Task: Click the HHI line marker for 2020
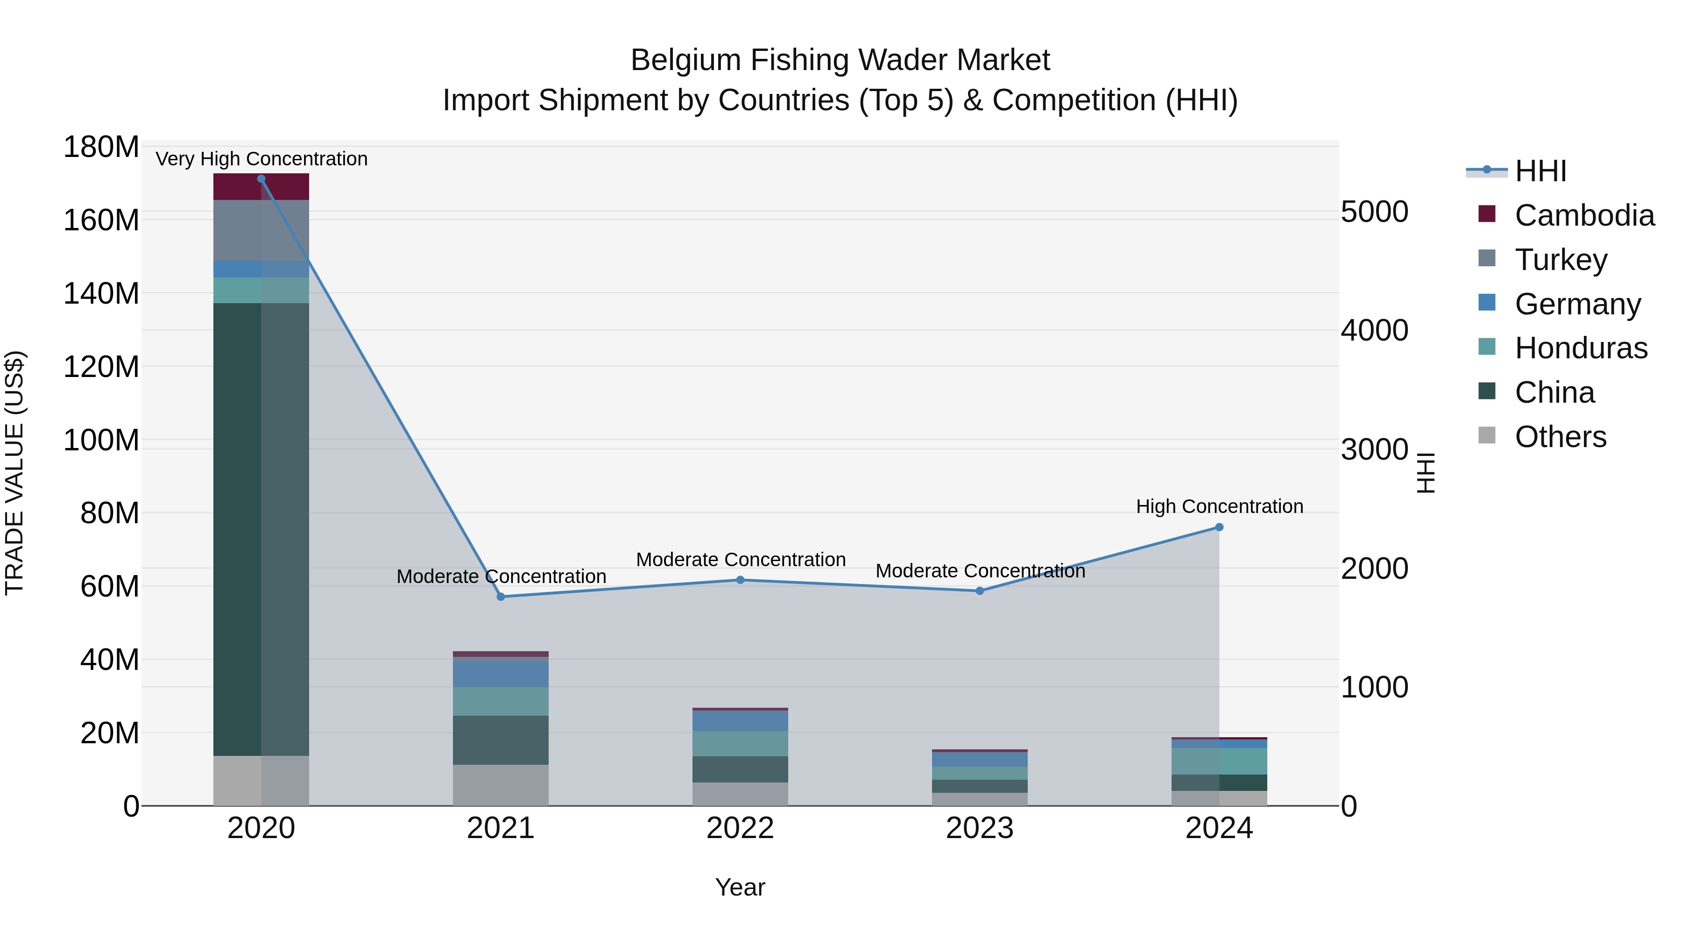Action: pos(261,179)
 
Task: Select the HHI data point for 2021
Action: pos(501,597)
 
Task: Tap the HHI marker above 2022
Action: pos(740,580)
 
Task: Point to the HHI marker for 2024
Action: pos(1219,527)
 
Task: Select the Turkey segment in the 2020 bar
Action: pos(261,230)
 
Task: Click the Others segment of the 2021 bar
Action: pos(501,785)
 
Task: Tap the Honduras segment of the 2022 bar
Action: pos(740,744)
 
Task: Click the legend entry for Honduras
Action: pos(1581,348)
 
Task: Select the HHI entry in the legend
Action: pos(1540,171)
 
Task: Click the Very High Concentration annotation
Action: pos(261,159)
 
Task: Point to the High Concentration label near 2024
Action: pos(1219,506)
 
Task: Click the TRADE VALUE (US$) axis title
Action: pos(15,473)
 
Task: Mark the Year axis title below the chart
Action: pos(740,887)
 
